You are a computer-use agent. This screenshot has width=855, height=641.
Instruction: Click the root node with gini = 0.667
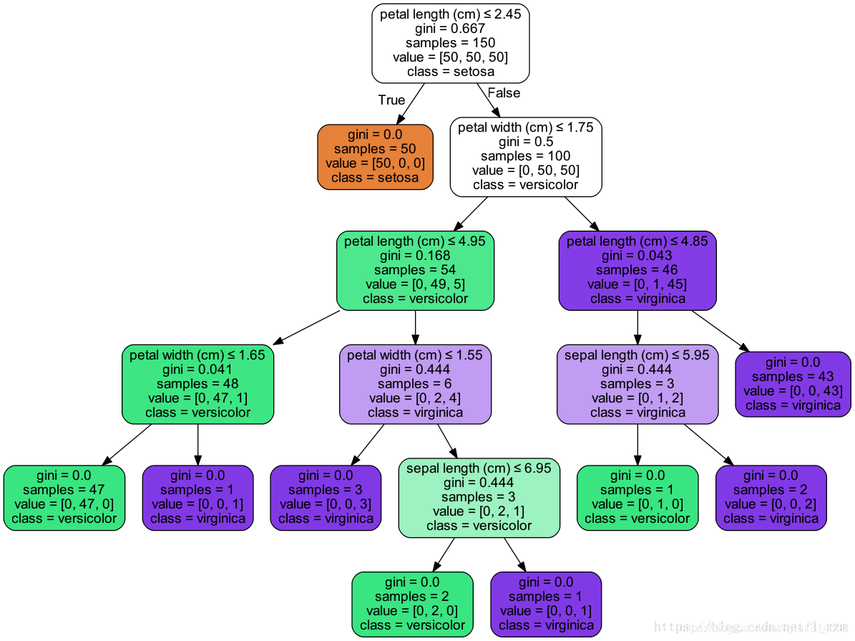pyautogui.click(x=450, y=43)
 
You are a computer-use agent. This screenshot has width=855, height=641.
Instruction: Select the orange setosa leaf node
pyautogui.click(x=375, y=156)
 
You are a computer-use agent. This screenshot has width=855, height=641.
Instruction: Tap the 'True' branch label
pyautogui.click(x=391, y=100)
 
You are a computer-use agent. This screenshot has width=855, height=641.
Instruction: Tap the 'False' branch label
pyautogui.click(x=504, y=93)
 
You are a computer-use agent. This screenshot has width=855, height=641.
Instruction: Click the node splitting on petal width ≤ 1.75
pyautogui.click(x=525, y=156)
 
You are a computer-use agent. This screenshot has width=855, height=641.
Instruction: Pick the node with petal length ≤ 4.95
pyautogui.click(x=415, y=270)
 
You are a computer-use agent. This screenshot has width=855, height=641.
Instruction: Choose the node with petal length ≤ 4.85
pyautogui.click(x=637, y=270)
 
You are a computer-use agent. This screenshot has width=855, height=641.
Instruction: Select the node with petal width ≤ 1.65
pyautogui.click(x=197, y=383)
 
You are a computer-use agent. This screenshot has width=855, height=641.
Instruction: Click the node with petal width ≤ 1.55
pyautogui.click(x=415, y=383)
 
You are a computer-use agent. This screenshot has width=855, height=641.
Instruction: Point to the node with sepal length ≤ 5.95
pyautogui.click(x=637, y=383)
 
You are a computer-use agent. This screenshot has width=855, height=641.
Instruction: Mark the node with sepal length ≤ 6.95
pyautogui.click(x=479, y=497)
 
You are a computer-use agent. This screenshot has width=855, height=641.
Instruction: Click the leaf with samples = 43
pyautogui.click(x=793, y=383)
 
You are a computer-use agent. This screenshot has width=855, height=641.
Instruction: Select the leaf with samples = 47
pyautogui.click(x=64, y=497)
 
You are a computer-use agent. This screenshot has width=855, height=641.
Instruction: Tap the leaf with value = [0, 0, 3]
pyautogui.click(x=326, y=497)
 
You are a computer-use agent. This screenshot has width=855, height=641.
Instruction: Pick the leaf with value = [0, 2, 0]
pyautogui.click(x=412, y=604)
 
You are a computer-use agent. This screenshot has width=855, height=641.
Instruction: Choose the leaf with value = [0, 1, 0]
pyautogui.click(x=637, y=497)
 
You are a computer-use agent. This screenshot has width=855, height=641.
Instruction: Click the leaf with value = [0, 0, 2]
pyautogui.click(x=771, y=497)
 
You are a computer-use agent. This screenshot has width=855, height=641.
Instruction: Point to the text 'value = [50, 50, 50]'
pyautogui.click(x=450, y=57)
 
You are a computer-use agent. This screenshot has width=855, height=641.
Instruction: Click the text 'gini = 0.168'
pyautogui.click(x=415, y=256)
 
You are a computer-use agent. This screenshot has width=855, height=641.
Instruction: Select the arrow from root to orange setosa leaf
pyautogui.click(x=411, y=104)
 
